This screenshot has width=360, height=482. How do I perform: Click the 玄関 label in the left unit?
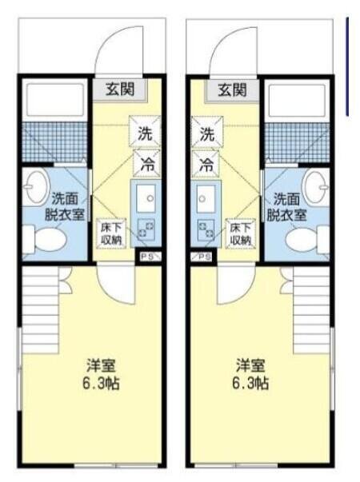point(120,90)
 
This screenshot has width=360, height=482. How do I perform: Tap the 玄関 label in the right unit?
point(232,90)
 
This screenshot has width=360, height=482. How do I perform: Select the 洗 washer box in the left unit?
point(145,131)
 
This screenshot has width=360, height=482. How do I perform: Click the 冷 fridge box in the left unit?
point(146,164)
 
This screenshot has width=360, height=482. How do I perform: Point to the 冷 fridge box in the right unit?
point(206,164)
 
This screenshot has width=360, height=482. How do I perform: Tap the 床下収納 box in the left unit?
point(111,233)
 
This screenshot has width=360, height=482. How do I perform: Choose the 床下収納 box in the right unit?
point(241,233)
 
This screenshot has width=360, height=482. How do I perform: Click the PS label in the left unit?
point(149,257)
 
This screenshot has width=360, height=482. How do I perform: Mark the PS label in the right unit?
point(202,257)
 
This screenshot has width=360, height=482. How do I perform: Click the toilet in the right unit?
point(308,239)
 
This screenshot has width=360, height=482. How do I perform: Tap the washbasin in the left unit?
point(36,185)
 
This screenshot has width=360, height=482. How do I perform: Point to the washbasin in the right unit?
point(316,185)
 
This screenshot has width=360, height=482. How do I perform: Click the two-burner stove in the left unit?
point(146,229)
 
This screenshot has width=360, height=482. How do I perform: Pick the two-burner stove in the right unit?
point(206,229)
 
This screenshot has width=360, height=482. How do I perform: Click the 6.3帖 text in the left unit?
point(101,384)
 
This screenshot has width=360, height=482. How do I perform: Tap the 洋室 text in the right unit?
point(250,366)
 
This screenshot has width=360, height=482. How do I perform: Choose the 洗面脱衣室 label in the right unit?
point(286,207)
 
